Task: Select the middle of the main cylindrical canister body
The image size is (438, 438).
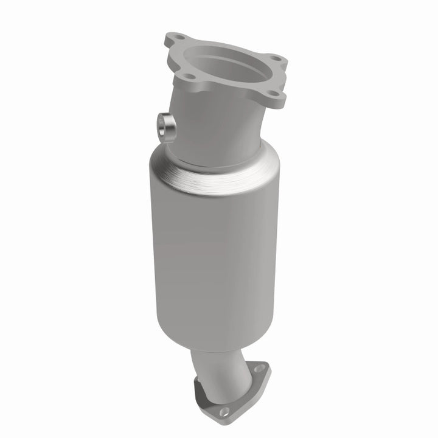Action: (210, 255)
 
